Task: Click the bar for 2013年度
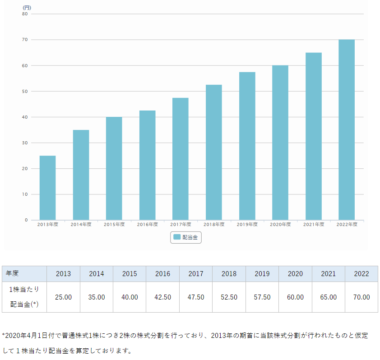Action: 48,188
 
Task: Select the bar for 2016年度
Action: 147,165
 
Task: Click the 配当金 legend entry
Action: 186,237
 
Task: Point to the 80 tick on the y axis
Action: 25,14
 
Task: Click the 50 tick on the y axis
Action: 25,92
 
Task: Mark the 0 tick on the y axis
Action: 26,220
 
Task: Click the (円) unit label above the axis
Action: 27,8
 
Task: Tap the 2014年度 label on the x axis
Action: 81,224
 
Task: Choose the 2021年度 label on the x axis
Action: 313,224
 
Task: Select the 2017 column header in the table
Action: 196,274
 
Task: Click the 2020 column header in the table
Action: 295,274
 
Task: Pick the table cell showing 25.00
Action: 64,297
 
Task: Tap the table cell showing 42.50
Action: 163,297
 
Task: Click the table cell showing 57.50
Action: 262,297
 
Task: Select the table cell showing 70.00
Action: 361,297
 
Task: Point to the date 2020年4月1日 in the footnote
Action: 23,336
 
